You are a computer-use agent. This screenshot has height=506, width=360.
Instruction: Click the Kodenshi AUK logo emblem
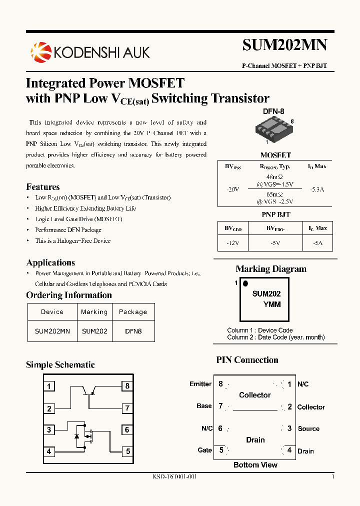40,51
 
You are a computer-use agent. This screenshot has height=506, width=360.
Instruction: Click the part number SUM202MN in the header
284,45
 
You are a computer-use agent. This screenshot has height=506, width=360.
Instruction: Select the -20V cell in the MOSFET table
232,189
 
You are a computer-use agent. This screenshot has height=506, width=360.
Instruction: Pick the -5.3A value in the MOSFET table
317,189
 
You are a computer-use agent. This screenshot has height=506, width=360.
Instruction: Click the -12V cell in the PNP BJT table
232,242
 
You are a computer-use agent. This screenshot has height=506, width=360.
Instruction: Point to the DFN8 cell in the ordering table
133,331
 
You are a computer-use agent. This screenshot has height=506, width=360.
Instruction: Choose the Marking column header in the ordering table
94,312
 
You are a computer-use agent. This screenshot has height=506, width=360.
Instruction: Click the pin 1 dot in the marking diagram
245,283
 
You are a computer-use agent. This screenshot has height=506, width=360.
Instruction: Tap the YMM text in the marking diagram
272,304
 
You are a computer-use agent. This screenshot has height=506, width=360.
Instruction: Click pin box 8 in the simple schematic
127,386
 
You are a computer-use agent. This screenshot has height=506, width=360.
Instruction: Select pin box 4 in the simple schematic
49,451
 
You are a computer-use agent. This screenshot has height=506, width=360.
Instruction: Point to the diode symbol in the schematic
76,437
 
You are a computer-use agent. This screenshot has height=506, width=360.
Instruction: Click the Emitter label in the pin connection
200,384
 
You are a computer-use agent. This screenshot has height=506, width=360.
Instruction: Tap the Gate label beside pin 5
205,450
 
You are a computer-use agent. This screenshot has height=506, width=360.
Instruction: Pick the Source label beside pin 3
308,428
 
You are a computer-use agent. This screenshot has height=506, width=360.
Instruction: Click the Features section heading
43,187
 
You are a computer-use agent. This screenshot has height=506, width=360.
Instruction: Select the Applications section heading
50,262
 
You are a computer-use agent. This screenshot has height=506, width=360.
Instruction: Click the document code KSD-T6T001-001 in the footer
174,476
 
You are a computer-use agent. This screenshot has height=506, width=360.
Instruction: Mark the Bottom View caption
255,465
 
